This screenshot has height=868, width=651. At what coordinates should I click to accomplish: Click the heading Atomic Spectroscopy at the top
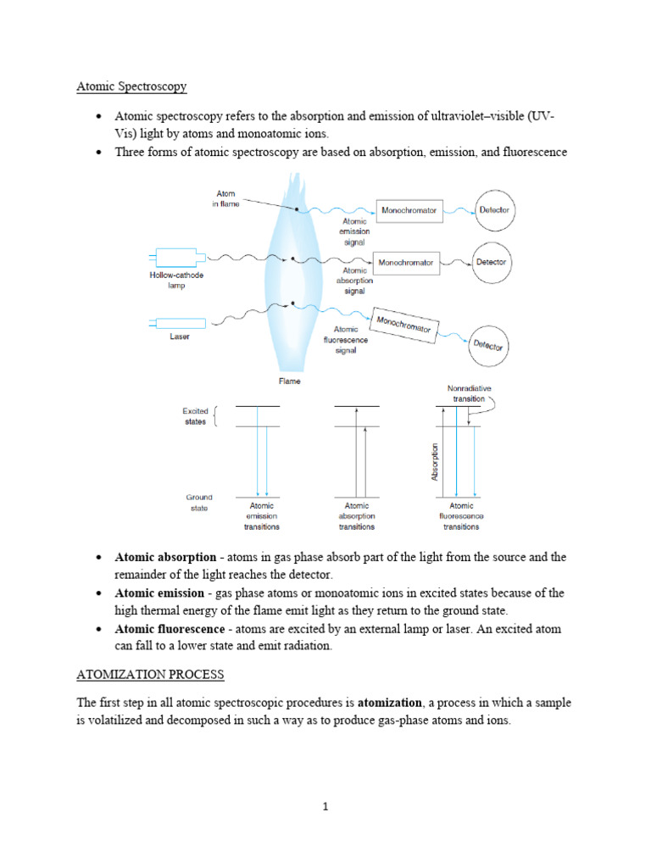tap(131, 86)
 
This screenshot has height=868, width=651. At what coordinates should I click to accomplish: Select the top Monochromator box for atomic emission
tap(409, 209)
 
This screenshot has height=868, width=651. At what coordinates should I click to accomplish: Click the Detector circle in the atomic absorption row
tap(490, 263)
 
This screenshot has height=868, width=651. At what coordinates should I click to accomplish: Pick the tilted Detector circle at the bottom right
tap(488, 345)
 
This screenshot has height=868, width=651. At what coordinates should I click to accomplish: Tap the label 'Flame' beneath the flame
tap(290, 381)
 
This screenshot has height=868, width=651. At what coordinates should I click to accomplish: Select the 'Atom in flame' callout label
tap(226, 198)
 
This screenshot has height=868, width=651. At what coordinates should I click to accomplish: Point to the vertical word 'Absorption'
tap(436, 462)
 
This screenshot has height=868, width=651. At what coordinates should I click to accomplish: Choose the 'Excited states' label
tap(196, 416)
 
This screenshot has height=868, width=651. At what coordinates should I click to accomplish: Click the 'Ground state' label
tap(199, 503)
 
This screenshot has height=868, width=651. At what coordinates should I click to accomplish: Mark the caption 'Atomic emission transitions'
tap(261, 516)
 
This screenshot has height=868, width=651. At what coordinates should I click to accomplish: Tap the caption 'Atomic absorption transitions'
tap(357, 516)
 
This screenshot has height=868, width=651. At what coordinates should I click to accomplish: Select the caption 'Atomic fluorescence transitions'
tap(461, 516)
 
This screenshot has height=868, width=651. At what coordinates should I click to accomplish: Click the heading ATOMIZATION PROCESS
tap(150, 675)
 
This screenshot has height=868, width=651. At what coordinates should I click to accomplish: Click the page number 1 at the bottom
tap(325, 806)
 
